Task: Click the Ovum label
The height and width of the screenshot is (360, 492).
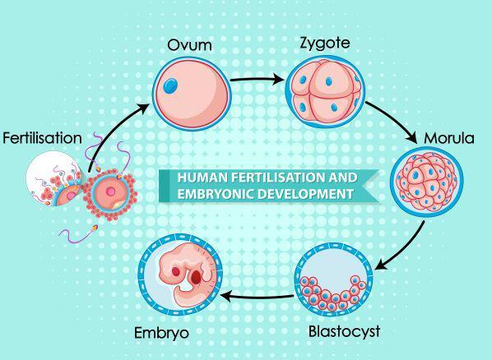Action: [189, 45]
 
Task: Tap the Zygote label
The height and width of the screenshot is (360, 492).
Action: [325, 43]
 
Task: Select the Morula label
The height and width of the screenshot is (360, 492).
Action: [449, 138]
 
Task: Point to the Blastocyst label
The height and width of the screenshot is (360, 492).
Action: [344, 332]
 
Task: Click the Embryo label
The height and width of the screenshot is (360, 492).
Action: [161, 333]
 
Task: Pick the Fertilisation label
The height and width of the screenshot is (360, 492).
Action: [42, 138]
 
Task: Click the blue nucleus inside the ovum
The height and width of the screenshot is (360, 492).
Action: [170, 85]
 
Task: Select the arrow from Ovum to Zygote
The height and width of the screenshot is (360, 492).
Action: [258, 79]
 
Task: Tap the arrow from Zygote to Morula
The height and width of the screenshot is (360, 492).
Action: [396, 119]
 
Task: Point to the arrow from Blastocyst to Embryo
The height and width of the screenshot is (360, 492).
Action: [258, 297]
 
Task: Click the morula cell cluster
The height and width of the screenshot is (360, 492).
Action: [427, 182]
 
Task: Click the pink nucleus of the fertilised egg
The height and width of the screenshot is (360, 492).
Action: [110, 192]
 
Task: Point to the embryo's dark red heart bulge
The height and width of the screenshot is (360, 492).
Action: [196, 277]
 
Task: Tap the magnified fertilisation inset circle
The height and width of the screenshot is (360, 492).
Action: [53, 178]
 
